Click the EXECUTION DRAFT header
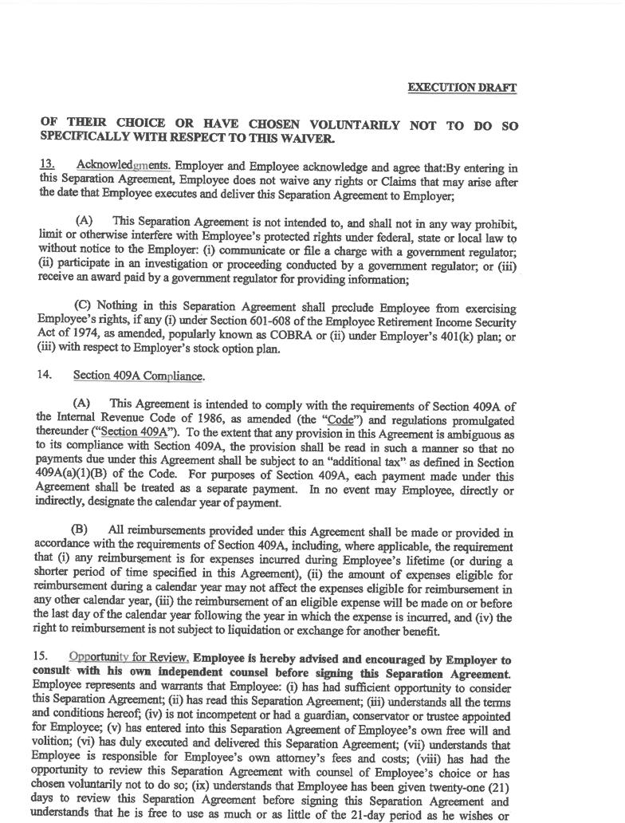pos(462,87)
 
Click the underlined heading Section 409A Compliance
pos(139,376)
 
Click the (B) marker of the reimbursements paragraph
pos(80,530)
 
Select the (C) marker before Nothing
pos(82,307)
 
